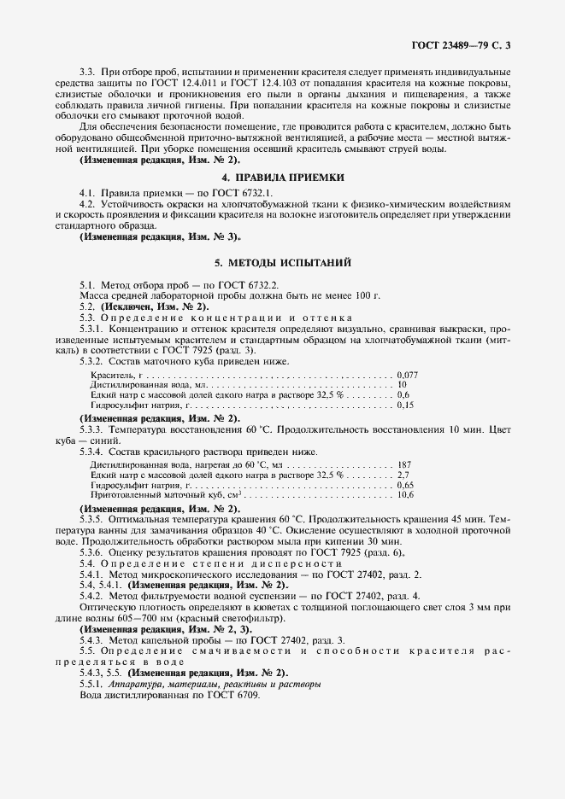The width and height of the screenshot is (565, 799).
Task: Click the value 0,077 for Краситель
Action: pos(408,375)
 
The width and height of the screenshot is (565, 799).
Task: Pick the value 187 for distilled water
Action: pos(404,464)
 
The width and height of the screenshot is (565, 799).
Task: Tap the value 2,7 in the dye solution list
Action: pos(403,475)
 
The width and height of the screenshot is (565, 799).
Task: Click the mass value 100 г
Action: pos(364,295)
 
